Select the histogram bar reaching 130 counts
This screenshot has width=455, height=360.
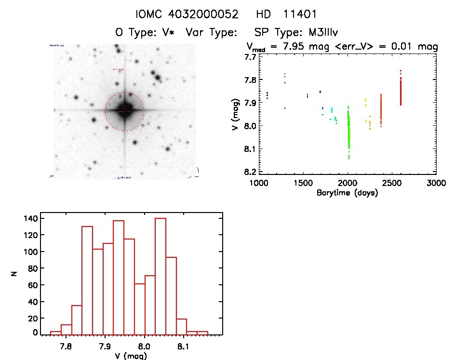(87, 280)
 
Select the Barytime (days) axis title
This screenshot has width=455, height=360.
(347, 193)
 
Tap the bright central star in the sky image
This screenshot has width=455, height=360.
(125, 110)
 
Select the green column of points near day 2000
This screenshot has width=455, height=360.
(348, 130)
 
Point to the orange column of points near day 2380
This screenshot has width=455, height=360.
(381, 110)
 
